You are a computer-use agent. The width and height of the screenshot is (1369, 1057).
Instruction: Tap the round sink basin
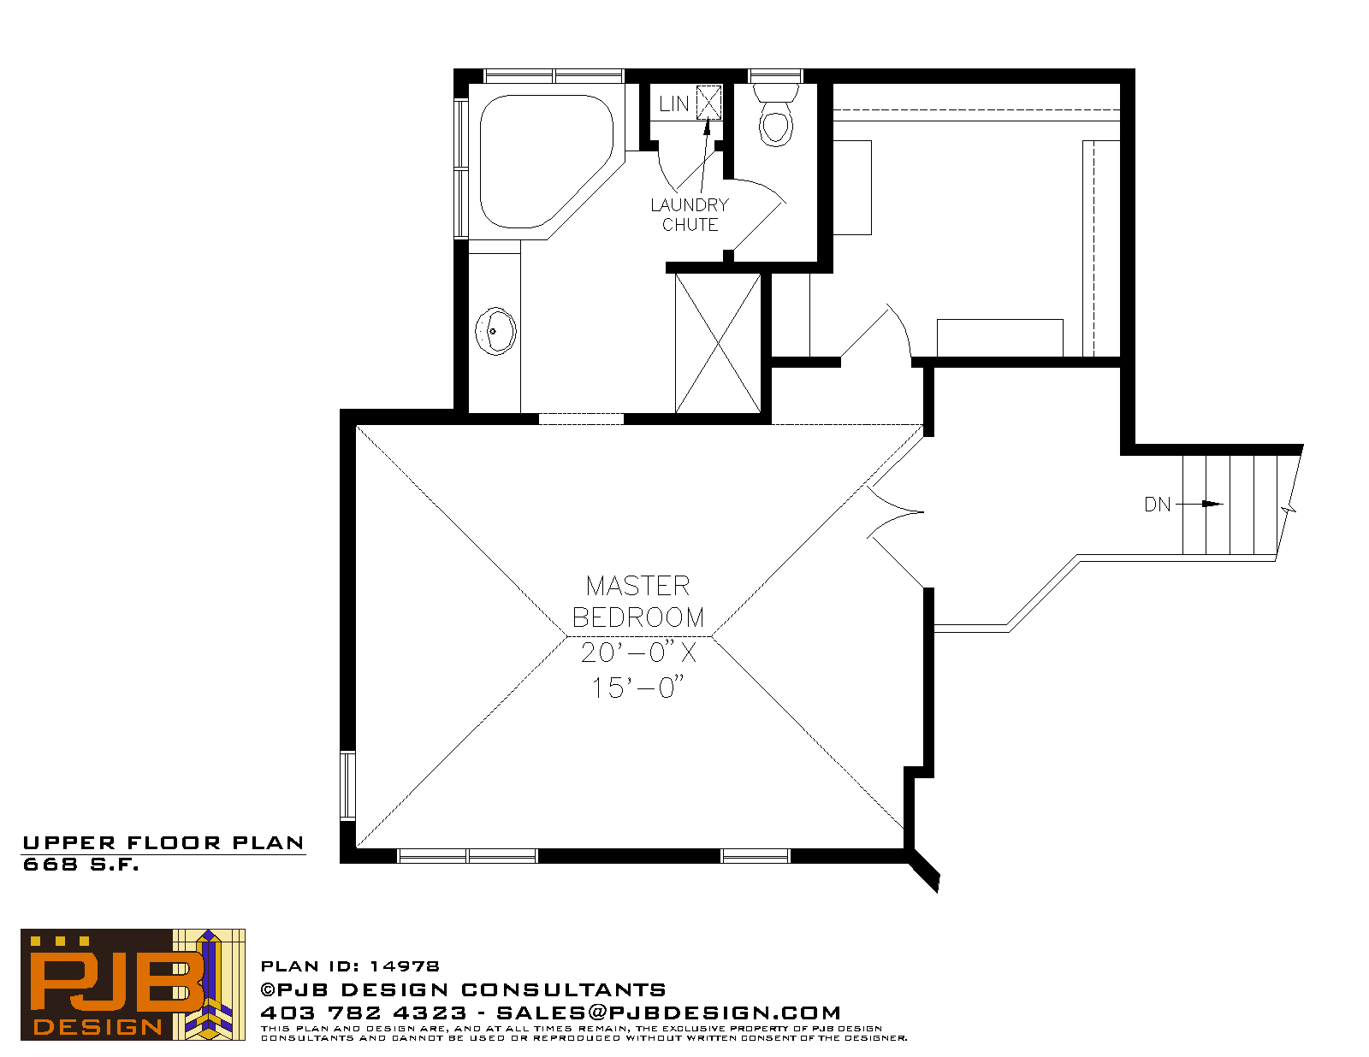point(495,331)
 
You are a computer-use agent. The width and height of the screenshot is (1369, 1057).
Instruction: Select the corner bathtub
point(546,161)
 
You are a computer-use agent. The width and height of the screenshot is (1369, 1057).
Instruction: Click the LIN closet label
point(673,103)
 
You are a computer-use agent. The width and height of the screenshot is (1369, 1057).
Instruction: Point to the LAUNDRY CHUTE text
point(690,215)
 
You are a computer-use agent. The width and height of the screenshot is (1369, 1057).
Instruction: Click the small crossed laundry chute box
point(708,102)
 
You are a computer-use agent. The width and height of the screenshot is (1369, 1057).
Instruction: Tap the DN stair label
point(1158,505)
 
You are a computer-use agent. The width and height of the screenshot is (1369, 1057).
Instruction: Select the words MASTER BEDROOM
point(638,602)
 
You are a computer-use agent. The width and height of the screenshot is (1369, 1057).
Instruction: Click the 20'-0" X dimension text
point(638,653)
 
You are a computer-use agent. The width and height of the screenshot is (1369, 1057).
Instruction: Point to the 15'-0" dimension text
point(637,688)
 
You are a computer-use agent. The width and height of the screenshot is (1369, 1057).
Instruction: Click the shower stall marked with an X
point(718,343)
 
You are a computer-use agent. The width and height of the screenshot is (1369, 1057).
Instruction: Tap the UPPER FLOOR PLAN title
point(163,843)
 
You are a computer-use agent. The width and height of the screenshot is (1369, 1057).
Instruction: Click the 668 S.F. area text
point(80,865)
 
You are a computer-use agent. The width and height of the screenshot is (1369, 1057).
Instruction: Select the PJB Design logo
point(133,983)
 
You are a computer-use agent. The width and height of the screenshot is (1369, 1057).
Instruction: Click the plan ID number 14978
point(405,966)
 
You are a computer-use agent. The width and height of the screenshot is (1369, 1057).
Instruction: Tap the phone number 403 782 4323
point(364,1013)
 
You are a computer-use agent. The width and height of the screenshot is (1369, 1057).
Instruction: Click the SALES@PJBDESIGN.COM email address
point(668,1013)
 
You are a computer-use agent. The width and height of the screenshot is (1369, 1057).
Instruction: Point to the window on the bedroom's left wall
point(347,786)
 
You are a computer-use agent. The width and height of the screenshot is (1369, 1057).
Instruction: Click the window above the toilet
point(775,76)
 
